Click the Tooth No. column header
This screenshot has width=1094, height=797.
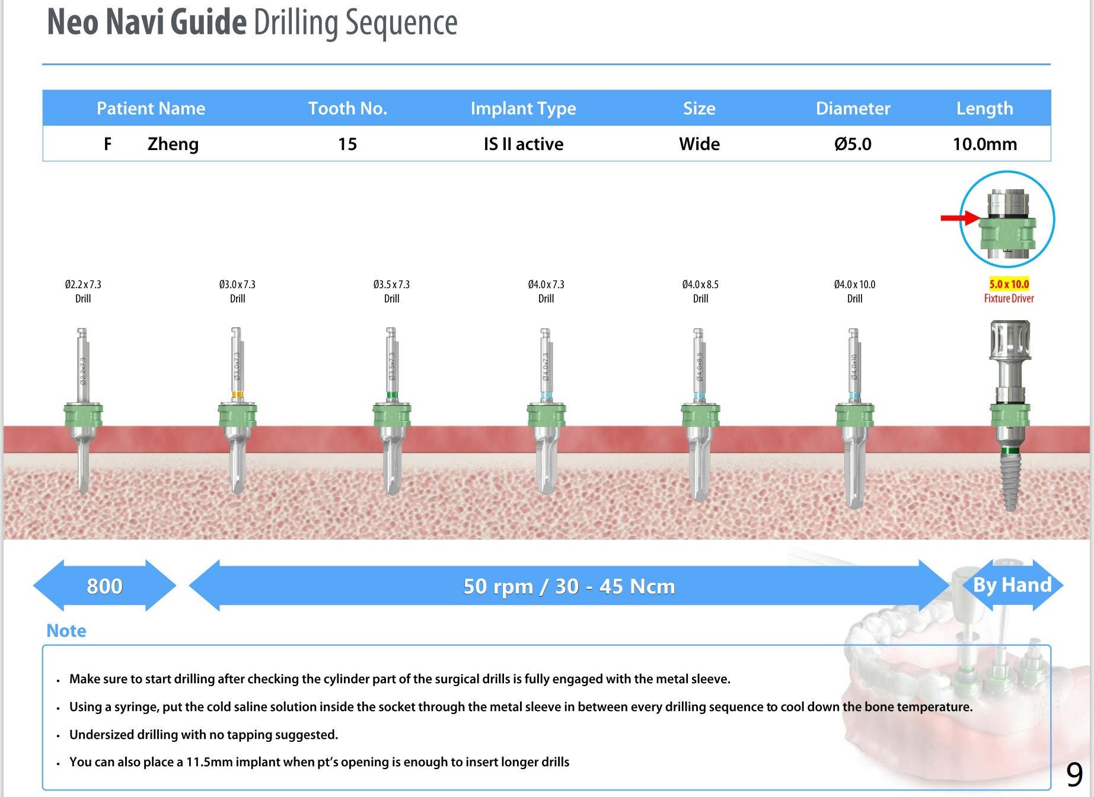(347, 109)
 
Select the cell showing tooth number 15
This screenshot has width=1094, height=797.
(347, 144)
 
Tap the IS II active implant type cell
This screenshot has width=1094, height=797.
(523, 144)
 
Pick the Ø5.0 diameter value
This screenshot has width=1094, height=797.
(853, 144)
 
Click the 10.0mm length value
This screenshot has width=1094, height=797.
(984, 144)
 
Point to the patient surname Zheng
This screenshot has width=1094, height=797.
(173, 144)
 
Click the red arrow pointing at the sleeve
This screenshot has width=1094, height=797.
(959, 218)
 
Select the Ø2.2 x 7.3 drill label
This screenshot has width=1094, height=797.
(83, 285)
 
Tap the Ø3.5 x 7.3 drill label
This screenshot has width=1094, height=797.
(391, 285)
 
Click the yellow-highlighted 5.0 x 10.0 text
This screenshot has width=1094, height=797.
(1009, 284)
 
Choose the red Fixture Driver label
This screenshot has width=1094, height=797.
(1009, 298)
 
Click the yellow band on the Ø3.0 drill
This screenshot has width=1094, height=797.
(237, 394)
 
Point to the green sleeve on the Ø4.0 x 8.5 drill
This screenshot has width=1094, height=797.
(700, 415)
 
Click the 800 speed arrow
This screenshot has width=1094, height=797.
(104, 586)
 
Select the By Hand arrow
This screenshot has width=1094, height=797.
(1012, 585)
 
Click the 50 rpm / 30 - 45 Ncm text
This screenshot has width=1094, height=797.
(569, 586)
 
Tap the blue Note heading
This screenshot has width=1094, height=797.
(66, 630)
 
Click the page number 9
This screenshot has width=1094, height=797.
(1074, 774)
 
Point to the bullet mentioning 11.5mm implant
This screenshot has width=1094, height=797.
(319, 762)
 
